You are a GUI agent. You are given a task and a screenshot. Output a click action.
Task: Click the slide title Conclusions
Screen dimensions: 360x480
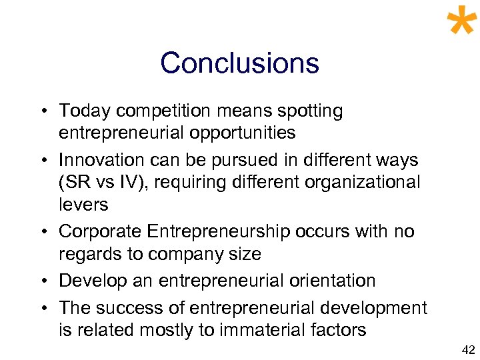(239, 63)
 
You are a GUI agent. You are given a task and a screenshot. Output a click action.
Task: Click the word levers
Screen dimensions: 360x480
(83, 205)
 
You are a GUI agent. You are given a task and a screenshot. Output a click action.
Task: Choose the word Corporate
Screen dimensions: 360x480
(100, 232)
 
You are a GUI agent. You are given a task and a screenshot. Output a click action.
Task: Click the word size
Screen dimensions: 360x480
(243, 254)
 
